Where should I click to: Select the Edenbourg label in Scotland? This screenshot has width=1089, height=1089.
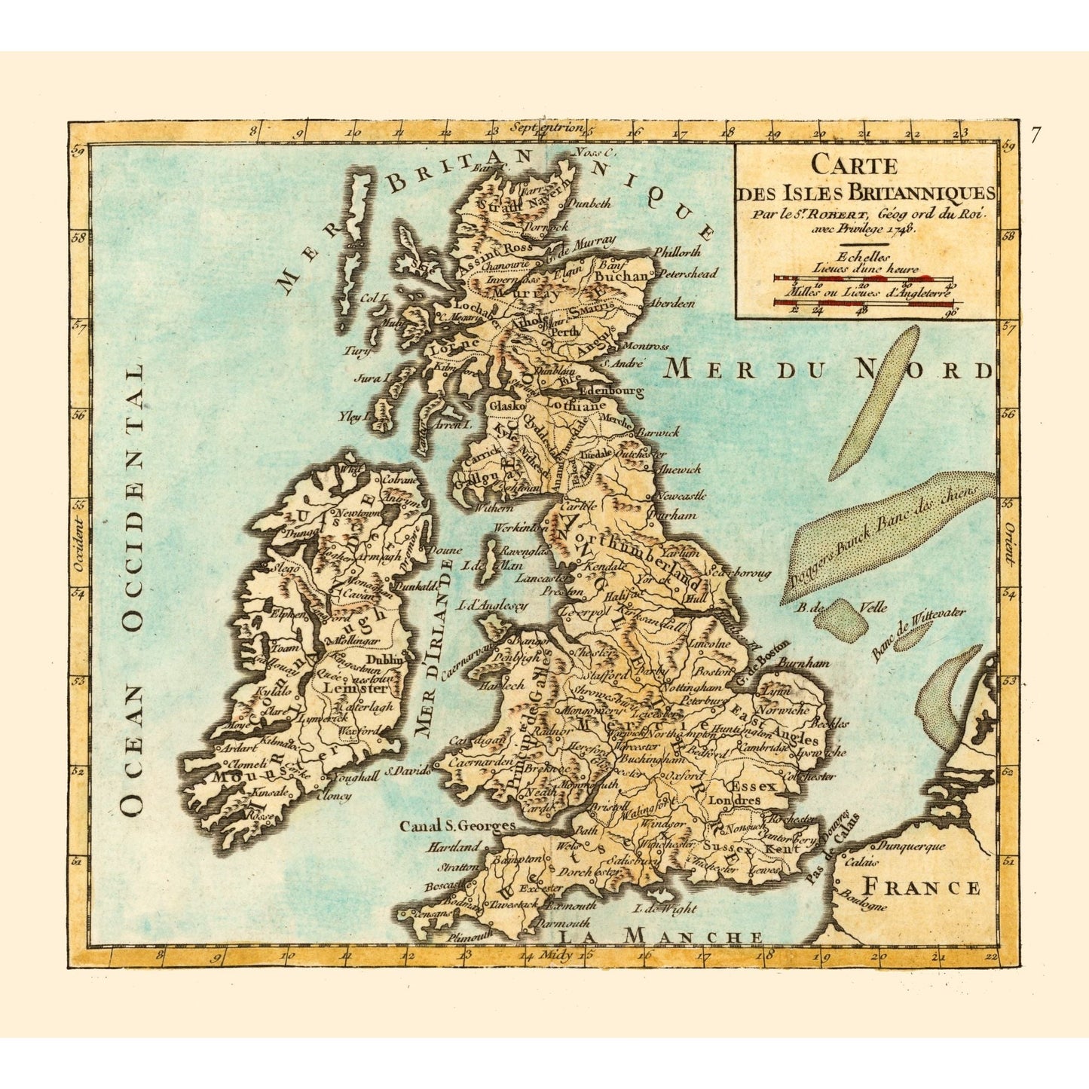click(x=610, y=392)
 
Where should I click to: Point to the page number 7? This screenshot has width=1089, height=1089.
click(x=1035, y=136)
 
